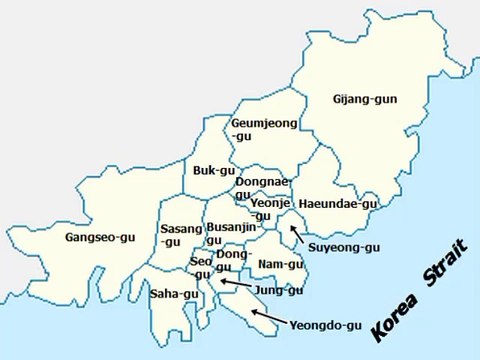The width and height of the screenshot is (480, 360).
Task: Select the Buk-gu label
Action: click(x=213, y=171)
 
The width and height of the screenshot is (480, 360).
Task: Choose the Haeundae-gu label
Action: click(x=338, y=203)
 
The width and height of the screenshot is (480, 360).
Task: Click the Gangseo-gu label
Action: click(x=99, y=238)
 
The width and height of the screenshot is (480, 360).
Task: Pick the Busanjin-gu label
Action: click(x=231, y=233)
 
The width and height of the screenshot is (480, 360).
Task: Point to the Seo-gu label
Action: click(x=201, y=267)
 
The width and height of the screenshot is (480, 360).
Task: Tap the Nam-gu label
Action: click(x=280, y=264)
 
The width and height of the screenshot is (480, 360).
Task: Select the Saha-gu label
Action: click(x=171, y=294)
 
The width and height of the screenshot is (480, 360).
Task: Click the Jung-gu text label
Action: click(x=278, y=290)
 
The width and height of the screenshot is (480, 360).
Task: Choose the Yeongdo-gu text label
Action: click(x=327, y=325)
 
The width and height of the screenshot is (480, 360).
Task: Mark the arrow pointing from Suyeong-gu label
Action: click(x=297, y=234)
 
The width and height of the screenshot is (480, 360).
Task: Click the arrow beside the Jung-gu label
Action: click(x=236, y=284)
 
